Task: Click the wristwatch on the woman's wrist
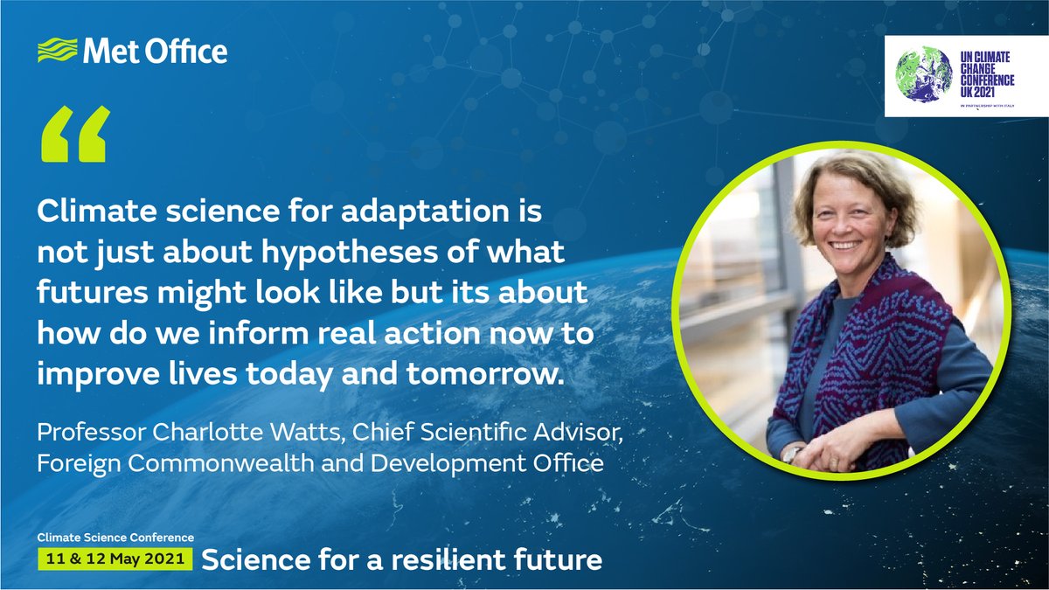[x=792, y=454]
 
